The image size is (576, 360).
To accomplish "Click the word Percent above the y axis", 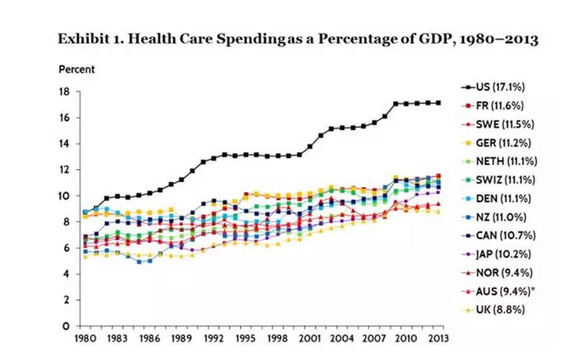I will (x=77, y=69).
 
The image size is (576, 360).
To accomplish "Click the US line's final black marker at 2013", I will (x=438, y=102).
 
